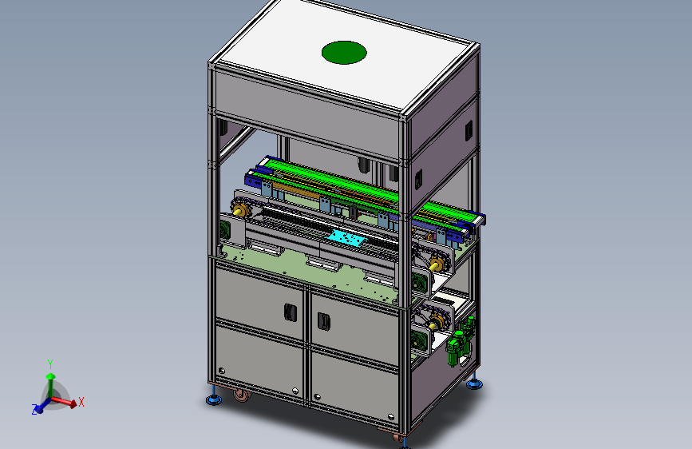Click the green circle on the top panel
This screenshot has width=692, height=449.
pos(344,53)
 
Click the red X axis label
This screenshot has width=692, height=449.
pos(81,402)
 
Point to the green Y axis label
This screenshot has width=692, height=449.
pos(50,364)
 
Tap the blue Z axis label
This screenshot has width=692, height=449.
pos(34,410)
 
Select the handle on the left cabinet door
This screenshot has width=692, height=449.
pos(290,313)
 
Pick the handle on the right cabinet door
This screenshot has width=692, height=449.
pos(324,321)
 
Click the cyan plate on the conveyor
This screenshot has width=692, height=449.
pos(346,239)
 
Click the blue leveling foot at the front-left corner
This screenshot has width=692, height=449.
pos(214,399)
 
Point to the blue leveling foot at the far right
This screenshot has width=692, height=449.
pos(474,383)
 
